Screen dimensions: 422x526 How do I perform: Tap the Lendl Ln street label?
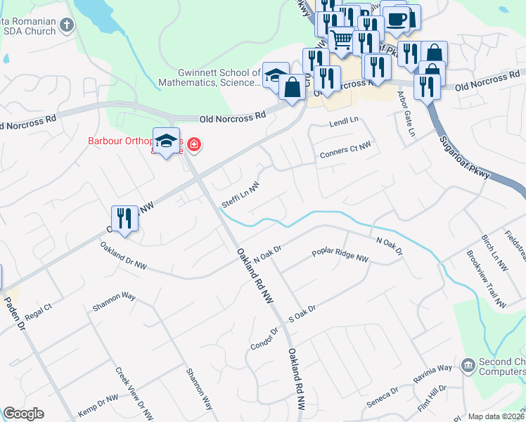click(x=344, y=124)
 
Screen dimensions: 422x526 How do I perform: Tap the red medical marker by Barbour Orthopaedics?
click(x=193, y=146)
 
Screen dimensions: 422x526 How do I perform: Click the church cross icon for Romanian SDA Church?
click(x=67, y=26)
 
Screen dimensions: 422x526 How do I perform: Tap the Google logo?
click(x=23, y=414)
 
